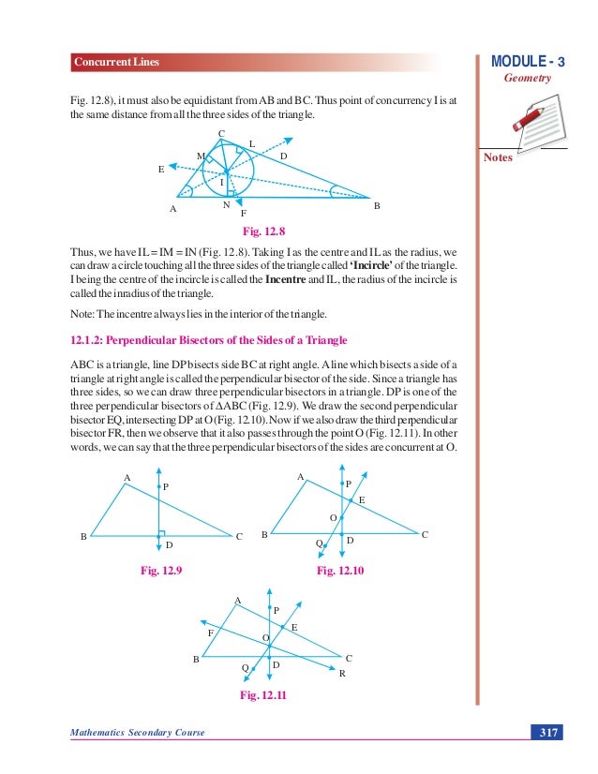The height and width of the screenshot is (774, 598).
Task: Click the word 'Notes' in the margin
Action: pyautogui.click(x=499, y=158)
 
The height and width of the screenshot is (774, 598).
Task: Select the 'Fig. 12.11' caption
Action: pyautogui.click(x=263, y=694)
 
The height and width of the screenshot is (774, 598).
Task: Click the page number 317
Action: pyautogui.click(x=546, y=732)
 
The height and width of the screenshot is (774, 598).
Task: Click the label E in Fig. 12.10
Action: pyautogui.click(x=362, y=501)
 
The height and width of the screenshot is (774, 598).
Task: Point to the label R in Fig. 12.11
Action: pyautogui.click(x=342, y=674)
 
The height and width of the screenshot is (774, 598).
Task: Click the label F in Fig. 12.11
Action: pyautogui.click(x=210, y=633)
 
